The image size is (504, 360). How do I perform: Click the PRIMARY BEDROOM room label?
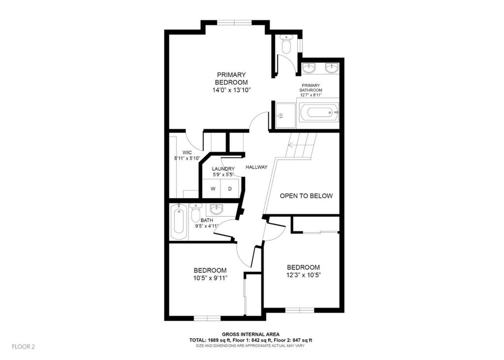(x=231, y=78)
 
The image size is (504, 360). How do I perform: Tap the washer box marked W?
(x=213, y=189)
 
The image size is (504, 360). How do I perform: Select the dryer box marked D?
(x=230, y=189)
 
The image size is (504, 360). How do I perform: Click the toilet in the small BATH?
(x=195, y=212)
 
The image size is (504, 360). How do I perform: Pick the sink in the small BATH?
(x=216, y=210)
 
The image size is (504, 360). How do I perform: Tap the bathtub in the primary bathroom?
(x=319, y=113)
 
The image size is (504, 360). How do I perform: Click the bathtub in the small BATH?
(x=178, y=222)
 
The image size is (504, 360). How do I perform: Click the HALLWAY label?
(x=256, y=167)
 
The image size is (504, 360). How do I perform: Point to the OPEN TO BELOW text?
(x=306, y=196)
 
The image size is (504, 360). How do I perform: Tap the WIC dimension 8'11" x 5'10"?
(x=188, y=158)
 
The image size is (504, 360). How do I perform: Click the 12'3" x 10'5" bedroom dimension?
(x=303, y=275)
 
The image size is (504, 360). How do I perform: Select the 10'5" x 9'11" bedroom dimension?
(x=211, y=278)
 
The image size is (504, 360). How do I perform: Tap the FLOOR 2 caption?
(x=23, y=347)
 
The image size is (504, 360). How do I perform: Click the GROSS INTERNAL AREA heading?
(x=251, y=334)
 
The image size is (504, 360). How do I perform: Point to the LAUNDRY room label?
(x=223, y=169)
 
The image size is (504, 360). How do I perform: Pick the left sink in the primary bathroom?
(x=309, y=67)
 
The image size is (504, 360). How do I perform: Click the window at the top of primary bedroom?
(x=235, y=23)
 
